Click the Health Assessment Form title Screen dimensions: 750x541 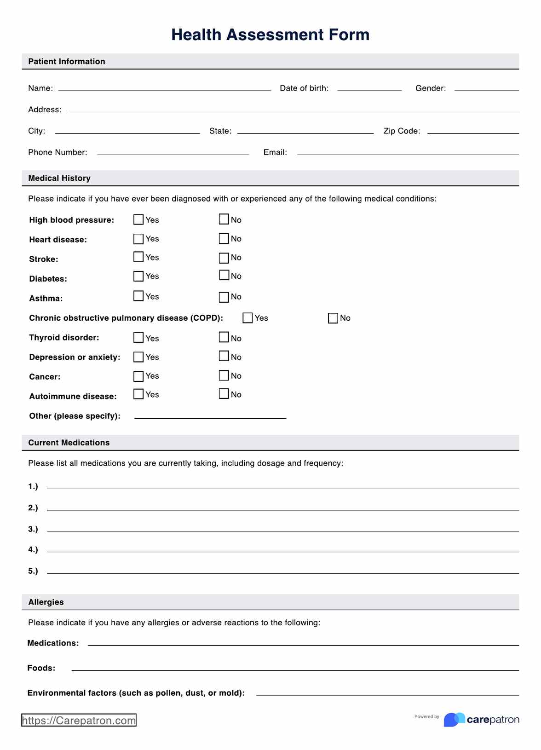(x=270, y=35)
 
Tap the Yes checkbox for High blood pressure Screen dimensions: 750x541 (x=138, y=219)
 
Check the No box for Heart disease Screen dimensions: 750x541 (x=224, y=238)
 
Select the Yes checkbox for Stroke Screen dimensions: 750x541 (x=138, y=257)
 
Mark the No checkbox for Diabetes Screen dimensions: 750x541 (x=224, y=275)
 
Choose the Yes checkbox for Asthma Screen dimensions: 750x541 (x=138, y=296)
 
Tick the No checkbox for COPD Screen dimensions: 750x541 (x=333, y=318)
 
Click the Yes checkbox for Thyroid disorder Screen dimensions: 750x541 (x=138, y=337)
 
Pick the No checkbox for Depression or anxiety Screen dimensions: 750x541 (x=224, y=356)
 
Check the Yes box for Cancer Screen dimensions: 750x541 (x=138, y=376)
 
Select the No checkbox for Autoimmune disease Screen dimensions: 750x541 (x=224, y=394)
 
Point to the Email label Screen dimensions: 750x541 (x=275, y=152)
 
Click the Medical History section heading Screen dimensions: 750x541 (x=59, y=178)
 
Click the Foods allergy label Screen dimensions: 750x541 (x=41, y=668)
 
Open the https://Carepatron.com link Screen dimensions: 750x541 (x=79, y=720)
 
